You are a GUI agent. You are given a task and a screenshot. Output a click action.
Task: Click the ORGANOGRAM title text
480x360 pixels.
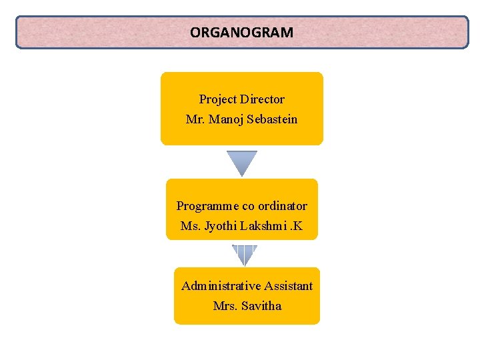click(x=241, y=32)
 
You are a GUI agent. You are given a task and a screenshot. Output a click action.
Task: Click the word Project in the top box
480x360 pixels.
click(x=218, y=99)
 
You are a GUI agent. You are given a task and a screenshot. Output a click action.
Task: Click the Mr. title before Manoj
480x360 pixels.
click(x=195, y=120)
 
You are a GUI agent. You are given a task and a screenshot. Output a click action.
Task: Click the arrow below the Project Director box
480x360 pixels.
click(x=241, y=163)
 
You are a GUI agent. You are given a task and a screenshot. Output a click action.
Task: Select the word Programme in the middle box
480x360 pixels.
click(x=201, y=206)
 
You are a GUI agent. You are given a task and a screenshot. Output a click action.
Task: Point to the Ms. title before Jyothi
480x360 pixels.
click(x=190, y=227)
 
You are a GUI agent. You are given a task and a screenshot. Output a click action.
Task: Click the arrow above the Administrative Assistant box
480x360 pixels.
click(x=245, y=255)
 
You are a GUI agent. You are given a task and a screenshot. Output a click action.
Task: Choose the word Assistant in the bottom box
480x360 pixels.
click(x=288, y=286)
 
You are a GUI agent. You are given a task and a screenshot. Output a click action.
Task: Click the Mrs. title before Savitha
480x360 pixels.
click(x=225, y=306)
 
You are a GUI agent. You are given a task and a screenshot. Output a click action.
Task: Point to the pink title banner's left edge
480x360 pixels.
click(x=17, y=33)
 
